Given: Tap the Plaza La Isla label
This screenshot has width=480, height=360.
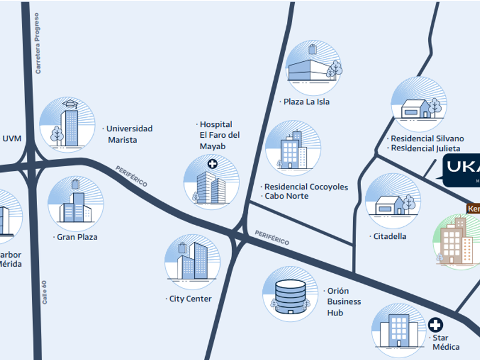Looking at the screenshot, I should click(x=307, y=102).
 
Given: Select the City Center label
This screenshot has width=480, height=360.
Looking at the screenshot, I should click(x=190, y=299).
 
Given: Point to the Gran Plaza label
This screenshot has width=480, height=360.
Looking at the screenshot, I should click(x=77, y=237).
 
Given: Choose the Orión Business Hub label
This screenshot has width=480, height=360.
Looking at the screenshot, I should click(x=344, y=302).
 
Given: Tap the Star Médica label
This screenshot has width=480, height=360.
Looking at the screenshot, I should click(x=445, y=342).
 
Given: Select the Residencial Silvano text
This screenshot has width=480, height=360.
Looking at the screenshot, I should click(x=427, y=139).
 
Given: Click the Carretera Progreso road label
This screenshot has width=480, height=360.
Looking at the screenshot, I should click(x=38, y=43).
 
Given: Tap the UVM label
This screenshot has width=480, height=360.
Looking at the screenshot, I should click(x=12, y=138).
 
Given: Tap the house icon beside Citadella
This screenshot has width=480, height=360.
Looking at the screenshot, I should click(x=393, y=203).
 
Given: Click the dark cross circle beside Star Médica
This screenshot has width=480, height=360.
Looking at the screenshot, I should click(x=435, y=325).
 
